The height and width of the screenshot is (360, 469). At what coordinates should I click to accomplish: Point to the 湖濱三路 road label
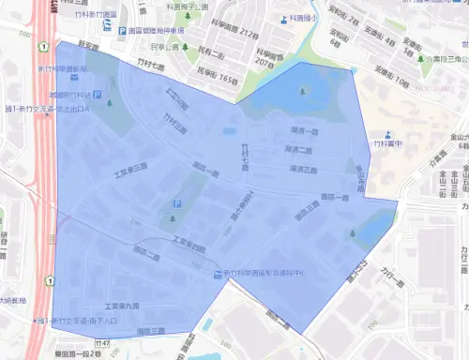[x=300, y=170]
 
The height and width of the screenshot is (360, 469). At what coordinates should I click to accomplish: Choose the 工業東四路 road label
[x=188, y=246]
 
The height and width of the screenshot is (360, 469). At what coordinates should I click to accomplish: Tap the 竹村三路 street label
[x=173, y=123]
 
